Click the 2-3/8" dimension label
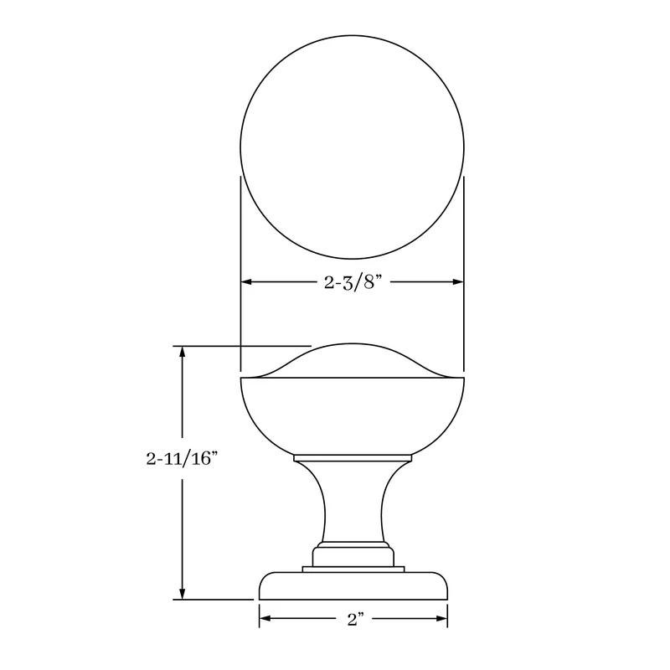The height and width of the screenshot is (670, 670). click(x=352, y=282)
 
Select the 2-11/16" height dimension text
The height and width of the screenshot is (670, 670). click(x=182, y=458)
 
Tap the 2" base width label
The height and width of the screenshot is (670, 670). click(x=354, y=618)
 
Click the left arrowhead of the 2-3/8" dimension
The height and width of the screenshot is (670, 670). click(x=246, y=282)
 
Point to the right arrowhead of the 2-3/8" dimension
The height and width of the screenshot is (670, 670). click(x=458, y=282)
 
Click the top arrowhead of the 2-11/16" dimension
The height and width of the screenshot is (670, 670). click(x=183, y=351)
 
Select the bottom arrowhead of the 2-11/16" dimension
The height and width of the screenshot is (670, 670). click(x=183, y=594)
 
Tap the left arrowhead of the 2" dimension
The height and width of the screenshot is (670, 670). click(x=265, y=618)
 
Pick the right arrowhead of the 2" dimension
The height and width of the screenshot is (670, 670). click(x=442, y=618)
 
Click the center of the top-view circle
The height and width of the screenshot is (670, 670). click(x=352, y=147)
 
